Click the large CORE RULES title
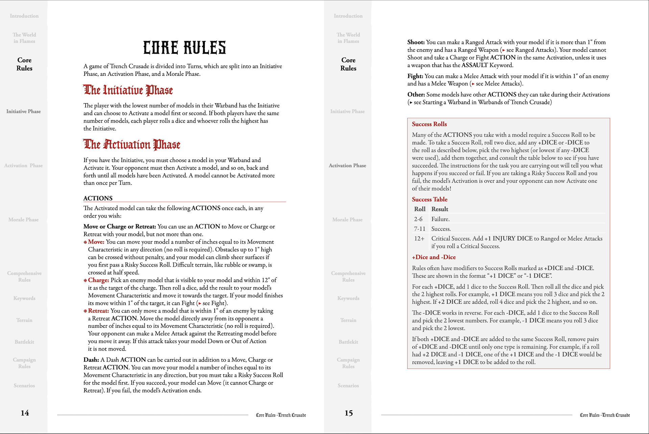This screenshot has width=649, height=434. (184, 48)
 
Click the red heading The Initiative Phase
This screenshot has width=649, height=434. (128, 90)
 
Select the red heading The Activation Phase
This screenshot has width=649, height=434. (131, 145)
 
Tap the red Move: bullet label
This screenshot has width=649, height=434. (96, 242)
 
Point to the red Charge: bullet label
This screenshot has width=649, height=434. (98, 280)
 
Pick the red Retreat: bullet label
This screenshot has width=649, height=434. (98, 311)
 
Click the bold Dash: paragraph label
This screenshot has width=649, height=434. (91, 360)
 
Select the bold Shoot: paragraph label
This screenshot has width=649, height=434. (416, 42)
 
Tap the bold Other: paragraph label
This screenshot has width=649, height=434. (416, 94)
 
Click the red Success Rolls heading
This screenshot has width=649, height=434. (429, 124)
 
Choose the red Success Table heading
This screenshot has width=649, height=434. (430, 199)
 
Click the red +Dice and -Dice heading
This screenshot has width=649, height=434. (434, 257)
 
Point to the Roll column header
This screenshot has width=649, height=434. (420, 209)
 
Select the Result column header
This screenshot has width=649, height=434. (440, 209)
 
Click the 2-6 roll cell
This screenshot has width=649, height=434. (418, 219)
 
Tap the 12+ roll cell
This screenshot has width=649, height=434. (419, 238)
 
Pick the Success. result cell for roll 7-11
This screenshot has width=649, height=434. (441, 229)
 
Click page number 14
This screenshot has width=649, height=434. (25, 413)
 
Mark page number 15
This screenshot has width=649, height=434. (348, 413)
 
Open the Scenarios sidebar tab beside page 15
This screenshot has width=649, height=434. (348, 386)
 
